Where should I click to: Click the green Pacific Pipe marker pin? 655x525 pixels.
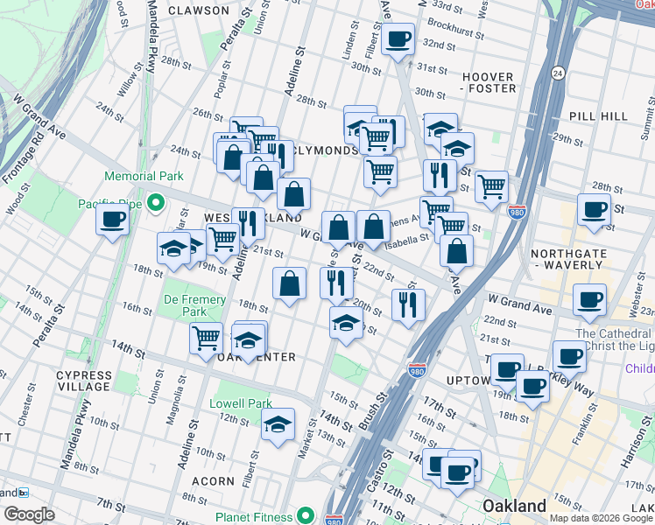[x=156, y=204]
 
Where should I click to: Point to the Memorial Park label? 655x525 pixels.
[x=144, y=176]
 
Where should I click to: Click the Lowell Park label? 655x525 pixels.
[x=242, y=404]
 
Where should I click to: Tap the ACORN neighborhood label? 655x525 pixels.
[x=215, y=480]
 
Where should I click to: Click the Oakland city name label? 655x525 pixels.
[x=515, y=506]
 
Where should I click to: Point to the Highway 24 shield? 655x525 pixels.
[x=557, y=73]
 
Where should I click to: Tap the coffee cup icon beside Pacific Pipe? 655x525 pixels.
[x=112, y=220]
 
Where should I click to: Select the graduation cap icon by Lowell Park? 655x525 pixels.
[x=278, y=425]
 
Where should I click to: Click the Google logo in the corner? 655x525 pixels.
[x=29, y=514]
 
